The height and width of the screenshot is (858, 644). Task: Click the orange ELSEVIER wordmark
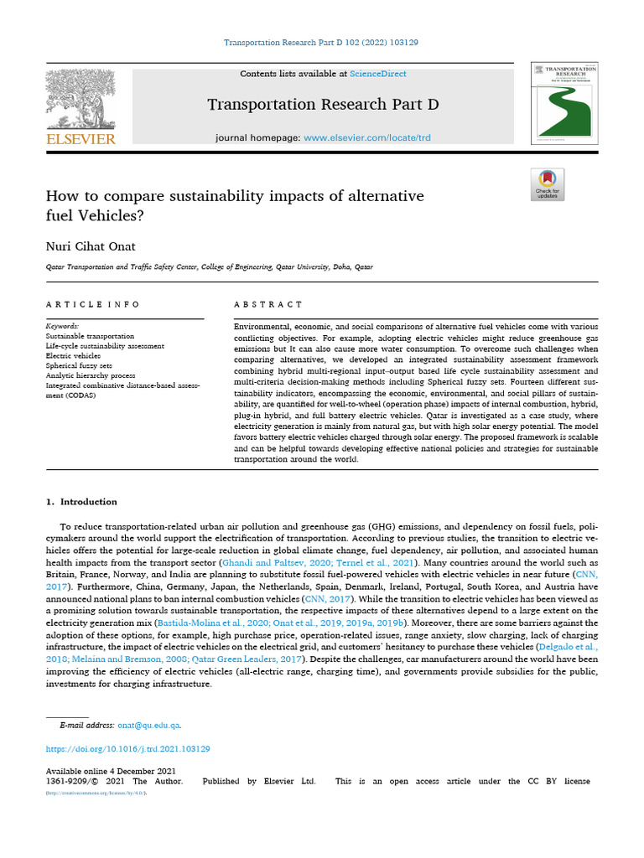pyautogui.click(x=80, y=139)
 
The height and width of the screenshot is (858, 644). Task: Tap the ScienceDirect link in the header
pyautogui.click(x=377, y=74)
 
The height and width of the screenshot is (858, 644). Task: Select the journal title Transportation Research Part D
pyautogui.click(x=323, y=105)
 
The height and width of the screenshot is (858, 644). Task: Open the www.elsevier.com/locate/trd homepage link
pyautogui.click(x=366, y=137)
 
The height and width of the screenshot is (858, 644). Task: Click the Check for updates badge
pyautogui.click(x=548, y=184)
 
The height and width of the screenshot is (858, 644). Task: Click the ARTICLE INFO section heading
pyautogui.click(x=92, y=304)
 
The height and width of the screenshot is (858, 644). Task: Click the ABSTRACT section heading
pyautogui.click(x=268, y=304)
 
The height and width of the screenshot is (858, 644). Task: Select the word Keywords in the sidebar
pyautogui.click(x=63, y=326)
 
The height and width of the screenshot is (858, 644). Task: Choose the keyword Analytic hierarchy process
pyautogui.click(x=91, y=376)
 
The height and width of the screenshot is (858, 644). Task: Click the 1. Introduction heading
pyautogui.click(x=80, y=502)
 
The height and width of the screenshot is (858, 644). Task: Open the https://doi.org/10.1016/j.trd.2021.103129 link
pyautogui.click(x=127, y=748)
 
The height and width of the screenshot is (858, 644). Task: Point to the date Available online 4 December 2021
pyautogui.click(x=109, y=771)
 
